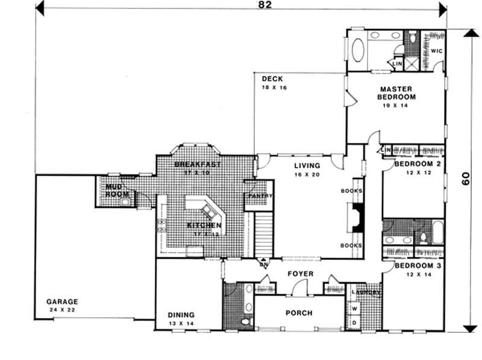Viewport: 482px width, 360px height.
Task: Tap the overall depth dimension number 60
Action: click(x=465, y=180)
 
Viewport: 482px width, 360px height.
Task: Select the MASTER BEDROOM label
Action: click(x=396, y=92)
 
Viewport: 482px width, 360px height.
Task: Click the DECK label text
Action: click(x=269, y=79)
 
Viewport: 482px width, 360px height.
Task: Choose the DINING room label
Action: click(x=181, y=315)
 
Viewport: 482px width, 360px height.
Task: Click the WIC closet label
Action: click(x=436, y=51)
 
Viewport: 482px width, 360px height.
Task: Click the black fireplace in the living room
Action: click(x=357, y=218)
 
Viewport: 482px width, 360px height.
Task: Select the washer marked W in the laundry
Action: click(x=354, y=308)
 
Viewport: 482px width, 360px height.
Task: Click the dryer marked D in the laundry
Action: click(x=354, y=323)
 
